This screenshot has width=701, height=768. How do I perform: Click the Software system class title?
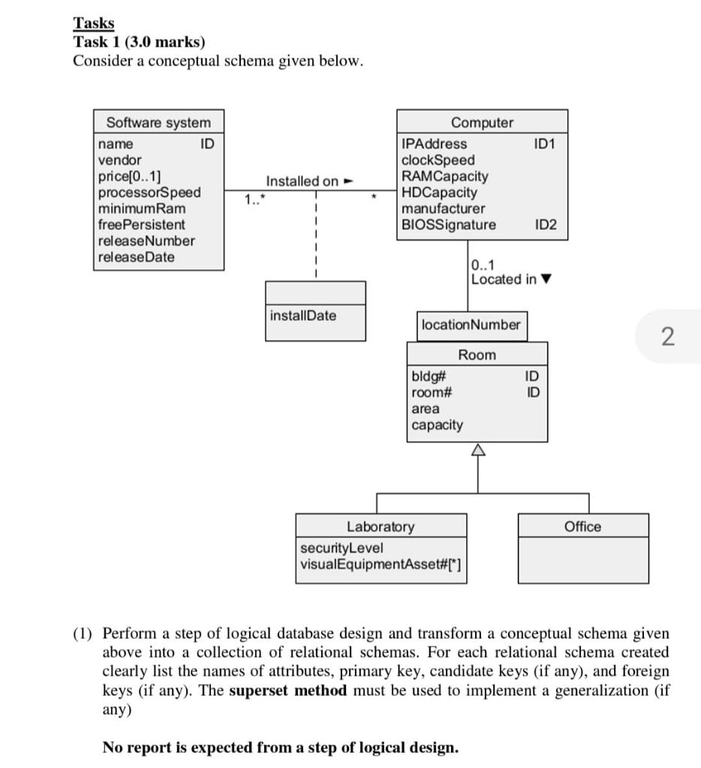(158, 122)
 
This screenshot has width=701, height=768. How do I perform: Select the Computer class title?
(482, 122)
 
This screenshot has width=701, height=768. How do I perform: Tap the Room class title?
(477, 354)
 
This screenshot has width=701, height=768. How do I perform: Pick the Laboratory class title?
(380, 526)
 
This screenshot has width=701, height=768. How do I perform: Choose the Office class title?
(582, 526)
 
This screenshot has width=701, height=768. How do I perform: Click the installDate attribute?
(302, 316)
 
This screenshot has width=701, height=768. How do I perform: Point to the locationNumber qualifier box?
(471, 325)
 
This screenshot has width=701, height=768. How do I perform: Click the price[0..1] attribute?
(129, 176)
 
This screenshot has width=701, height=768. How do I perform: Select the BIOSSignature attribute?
(449, 225)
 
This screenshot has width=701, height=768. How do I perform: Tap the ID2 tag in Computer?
(546, 225)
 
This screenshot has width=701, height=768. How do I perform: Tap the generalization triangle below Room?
(477, 450)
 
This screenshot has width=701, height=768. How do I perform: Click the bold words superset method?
(287, 691)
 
